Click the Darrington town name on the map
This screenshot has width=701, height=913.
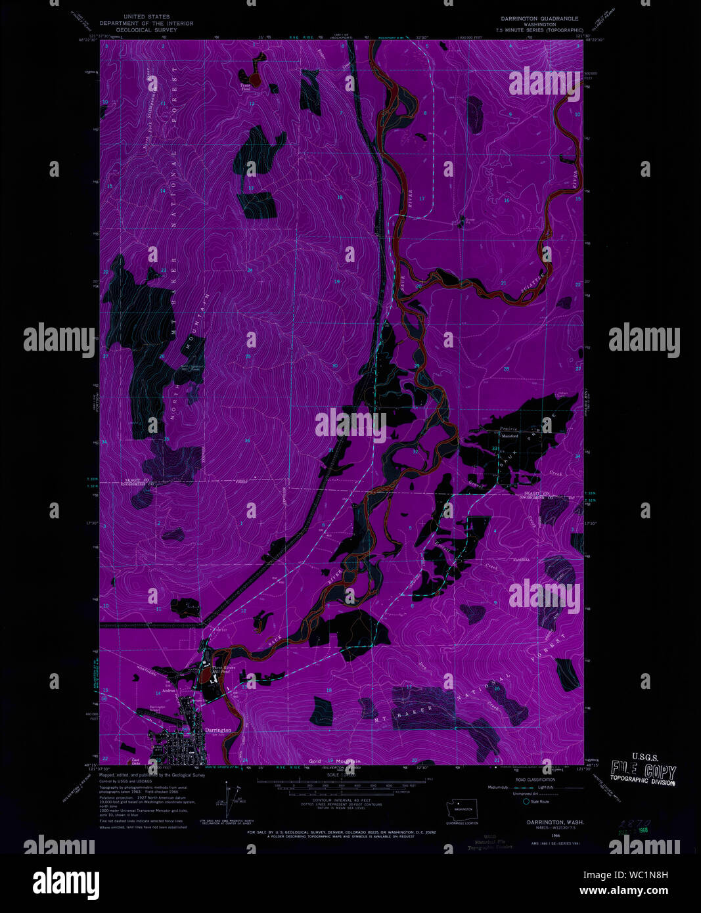click(217, 730)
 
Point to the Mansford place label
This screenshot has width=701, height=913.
click(510, 435)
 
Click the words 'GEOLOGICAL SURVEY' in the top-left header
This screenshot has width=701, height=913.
click(147, 30)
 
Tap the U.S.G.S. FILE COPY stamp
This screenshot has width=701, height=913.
click(643, 769)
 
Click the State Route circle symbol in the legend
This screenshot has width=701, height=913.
click(526, 801)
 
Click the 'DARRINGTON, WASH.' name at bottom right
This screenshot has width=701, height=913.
click(554, 822)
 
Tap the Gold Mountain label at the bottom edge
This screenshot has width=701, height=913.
click(335, 761)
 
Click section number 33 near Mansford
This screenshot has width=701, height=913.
click(494, 448)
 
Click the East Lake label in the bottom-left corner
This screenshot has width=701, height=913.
click(135, 761)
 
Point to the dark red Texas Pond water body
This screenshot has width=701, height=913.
click(256, 79)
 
